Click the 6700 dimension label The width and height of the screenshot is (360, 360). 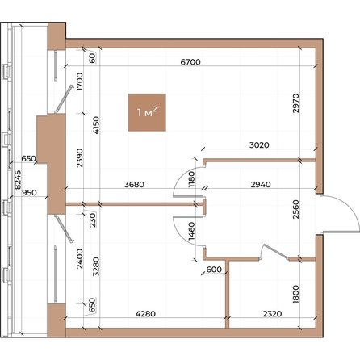190,62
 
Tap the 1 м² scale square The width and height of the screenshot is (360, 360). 147,112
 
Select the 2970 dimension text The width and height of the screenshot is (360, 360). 295,103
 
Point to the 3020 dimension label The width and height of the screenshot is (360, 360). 259,145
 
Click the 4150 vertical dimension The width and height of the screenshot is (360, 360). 96,125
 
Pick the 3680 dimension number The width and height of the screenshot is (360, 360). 134,185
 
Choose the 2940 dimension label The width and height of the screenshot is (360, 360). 261,185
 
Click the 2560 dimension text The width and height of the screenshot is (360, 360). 295,209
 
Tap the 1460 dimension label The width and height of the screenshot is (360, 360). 191,231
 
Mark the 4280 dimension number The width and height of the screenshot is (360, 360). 145,314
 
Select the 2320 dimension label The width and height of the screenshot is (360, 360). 272,314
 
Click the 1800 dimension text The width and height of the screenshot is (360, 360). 295,295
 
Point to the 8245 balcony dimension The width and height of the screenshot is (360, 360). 18,179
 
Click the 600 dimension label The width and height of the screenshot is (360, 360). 214,270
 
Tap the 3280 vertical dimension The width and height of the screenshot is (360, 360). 96,267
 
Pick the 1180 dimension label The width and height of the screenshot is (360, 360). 191,179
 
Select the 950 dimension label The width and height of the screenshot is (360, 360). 29,193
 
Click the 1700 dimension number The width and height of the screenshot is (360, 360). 80,82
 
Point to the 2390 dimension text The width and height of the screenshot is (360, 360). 80,157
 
